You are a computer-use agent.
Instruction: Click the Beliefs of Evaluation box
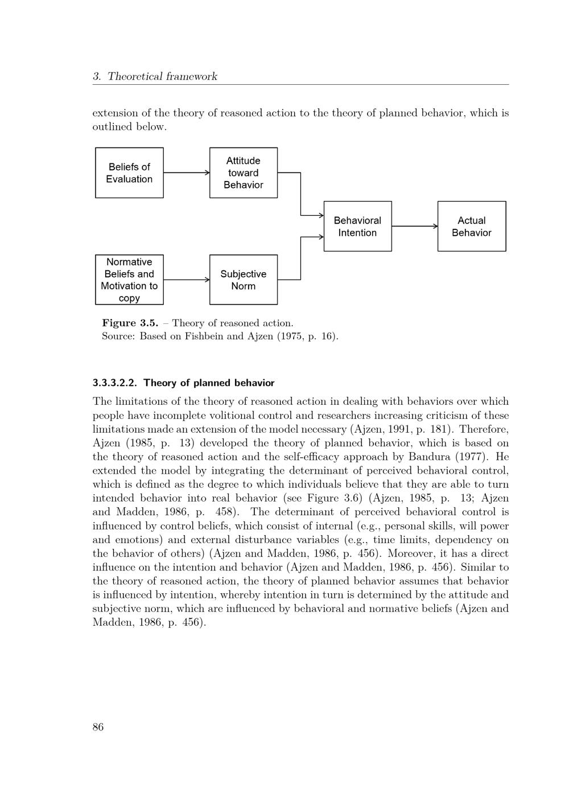(x=129, y=173)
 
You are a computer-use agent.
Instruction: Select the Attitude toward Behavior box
(x=244, y=173)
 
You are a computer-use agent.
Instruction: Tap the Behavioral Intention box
(x=357, y=227)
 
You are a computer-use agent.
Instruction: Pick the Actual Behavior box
(x=471, y=227)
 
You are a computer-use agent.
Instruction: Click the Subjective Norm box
(x=244, y=280)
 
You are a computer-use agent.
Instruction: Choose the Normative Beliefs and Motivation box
(x=129, y=280)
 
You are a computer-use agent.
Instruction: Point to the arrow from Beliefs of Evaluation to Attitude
(x=186, y=172)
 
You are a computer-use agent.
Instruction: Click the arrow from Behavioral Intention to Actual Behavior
(x=414, y=226)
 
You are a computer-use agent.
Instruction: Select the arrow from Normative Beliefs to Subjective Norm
(x=186, y=280)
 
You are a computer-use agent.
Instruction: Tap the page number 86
(x=98, y=727)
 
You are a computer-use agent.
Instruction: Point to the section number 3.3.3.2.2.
(x=114, y=383)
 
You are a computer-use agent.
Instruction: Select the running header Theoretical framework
(x=162, y=76)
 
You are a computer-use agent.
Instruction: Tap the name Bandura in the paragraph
(x=427, y=457)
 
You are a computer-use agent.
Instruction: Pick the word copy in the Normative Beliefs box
(x=129, y=298)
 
